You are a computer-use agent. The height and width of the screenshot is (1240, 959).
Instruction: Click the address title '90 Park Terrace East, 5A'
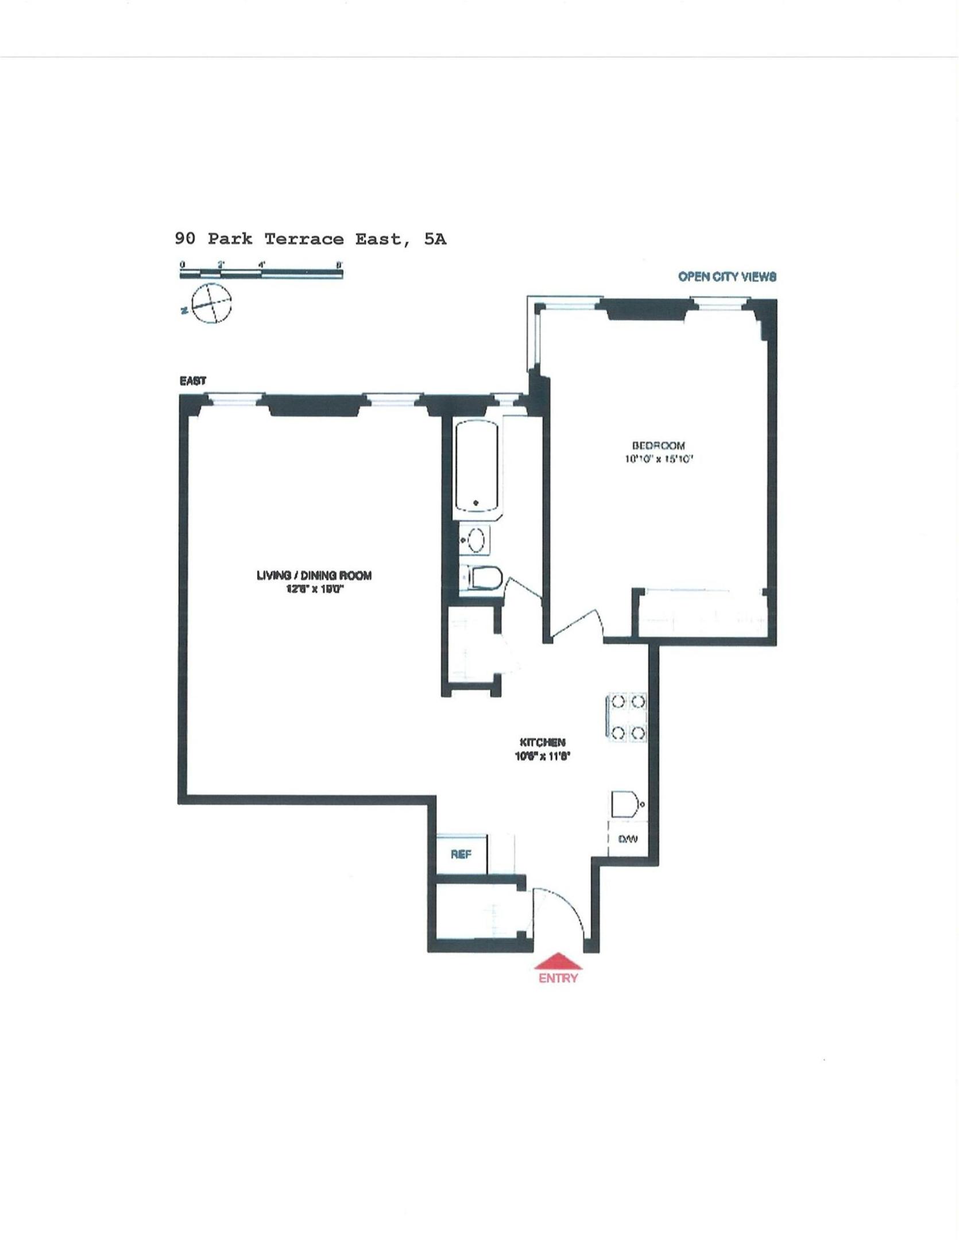coord(310,239)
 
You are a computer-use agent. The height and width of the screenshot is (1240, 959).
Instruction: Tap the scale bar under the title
coord(261,274)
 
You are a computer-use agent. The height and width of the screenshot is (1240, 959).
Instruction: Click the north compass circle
coord(211,304)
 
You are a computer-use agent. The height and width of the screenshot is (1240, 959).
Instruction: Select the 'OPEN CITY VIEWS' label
coord(727,277)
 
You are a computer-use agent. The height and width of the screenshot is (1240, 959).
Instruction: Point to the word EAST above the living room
coord(193,381)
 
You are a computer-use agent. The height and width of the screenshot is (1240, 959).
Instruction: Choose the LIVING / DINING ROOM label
coord(314,575)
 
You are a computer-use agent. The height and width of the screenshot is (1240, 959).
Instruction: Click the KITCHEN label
coord(542,742)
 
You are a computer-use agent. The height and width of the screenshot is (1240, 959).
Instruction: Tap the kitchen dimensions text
coord(542,757)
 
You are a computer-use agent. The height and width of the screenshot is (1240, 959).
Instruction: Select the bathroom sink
coord(475,540)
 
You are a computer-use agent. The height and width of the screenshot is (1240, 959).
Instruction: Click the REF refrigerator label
coord(461,854)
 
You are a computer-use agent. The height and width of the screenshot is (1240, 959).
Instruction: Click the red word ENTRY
coord(558,978)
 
